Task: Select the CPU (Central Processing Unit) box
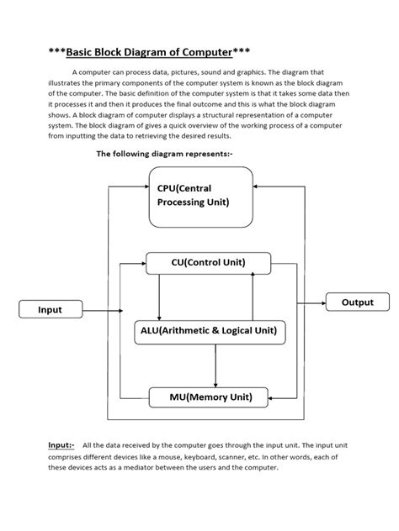point(200,197)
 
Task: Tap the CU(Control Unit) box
point(208,263)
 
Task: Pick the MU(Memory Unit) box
point(208,396)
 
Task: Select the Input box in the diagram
point(51,309)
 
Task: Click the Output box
point(357,302)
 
